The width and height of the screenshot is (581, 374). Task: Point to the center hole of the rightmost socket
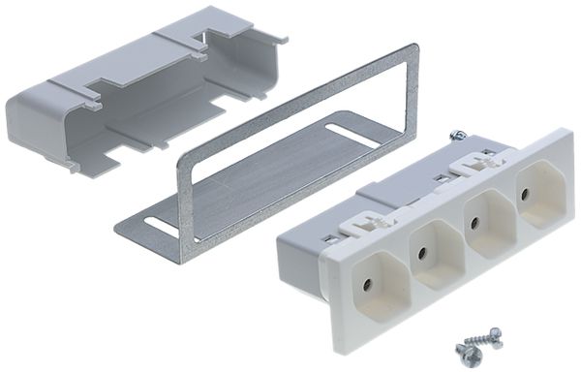tap(525, 193)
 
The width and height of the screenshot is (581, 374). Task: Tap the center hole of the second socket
tap(423, 255)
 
